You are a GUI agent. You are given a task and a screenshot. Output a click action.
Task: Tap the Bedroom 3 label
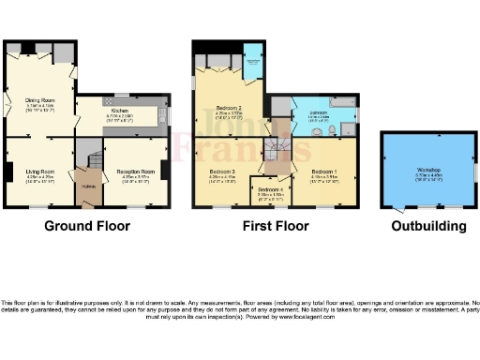(221, 172)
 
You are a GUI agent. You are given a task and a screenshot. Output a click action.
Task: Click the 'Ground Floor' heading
(86, 226)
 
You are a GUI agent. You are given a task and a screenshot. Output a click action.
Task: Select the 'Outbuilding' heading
(429, 226)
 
